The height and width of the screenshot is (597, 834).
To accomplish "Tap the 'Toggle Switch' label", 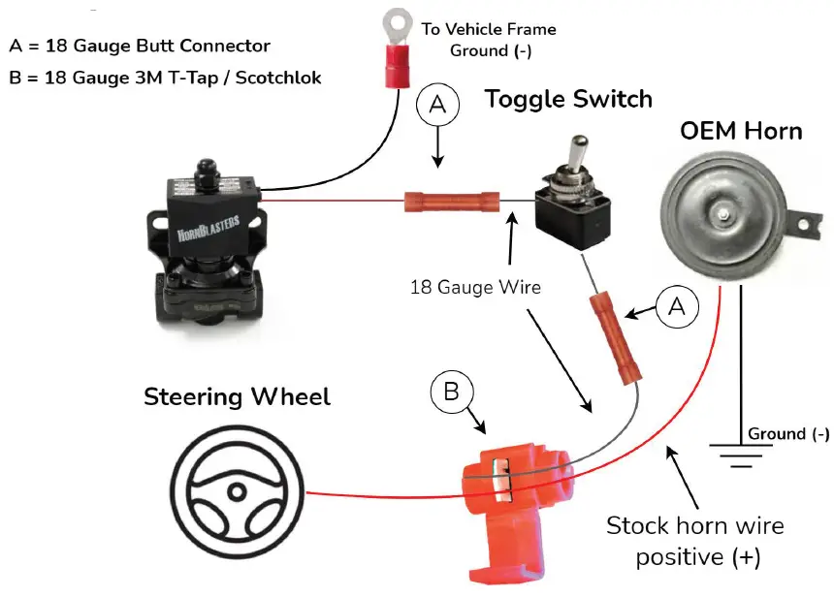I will [568, 98].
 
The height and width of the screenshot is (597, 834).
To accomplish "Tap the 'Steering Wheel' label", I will [237, 396].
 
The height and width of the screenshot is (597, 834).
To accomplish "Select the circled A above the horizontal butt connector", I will [437, 106].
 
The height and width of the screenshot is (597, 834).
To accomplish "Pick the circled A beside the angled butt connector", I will [675, 307].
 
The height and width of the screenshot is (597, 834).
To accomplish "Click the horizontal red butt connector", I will [451, 203].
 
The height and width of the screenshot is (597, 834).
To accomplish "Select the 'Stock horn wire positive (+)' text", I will [694, 542].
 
